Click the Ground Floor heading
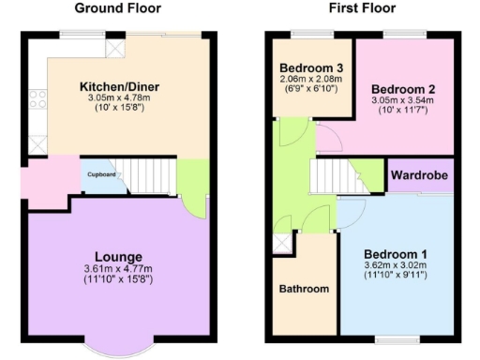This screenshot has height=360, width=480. [117, 8]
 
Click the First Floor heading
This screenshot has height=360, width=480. [362, 8]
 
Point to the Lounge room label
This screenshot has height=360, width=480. [118, 257]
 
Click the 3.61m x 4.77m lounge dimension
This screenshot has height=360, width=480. [118, 269]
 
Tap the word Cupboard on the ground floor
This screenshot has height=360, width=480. [102, 175]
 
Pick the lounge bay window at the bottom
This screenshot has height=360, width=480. [118, 349]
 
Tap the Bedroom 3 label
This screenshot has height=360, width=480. [312, 68]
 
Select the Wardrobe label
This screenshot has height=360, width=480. [419, 175]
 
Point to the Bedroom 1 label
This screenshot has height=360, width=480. [395, 254]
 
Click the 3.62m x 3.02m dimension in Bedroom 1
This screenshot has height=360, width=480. [395, 266]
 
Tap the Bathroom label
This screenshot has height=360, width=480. [305, 289]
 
